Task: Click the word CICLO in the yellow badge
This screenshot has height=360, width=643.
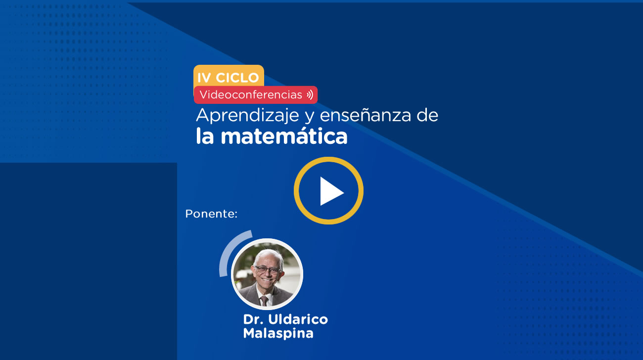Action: click(237, 78)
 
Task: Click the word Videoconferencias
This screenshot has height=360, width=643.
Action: click(251, 94)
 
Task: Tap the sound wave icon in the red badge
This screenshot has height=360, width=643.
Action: click(310, 95)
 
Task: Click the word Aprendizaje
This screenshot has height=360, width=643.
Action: click(247, 116)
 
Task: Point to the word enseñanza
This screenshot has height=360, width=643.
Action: click(365, 115)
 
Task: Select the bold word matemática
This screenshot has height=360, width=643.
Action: click(284, 136)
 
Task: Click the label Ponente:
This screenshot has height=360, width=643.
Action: click(211, 214)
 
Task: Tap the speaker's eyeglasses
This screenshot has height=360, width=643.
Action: click(267, 270)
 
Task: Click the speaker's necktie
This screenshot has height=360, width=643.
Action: click(264, 301)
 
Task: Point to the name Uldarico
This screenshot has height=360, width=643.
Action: click(298, 319)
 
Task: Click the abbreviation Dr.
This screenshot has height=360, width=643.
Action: click(253, 319)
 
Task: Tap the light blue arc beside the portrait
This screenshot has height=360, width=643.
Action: click(227, 250)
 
